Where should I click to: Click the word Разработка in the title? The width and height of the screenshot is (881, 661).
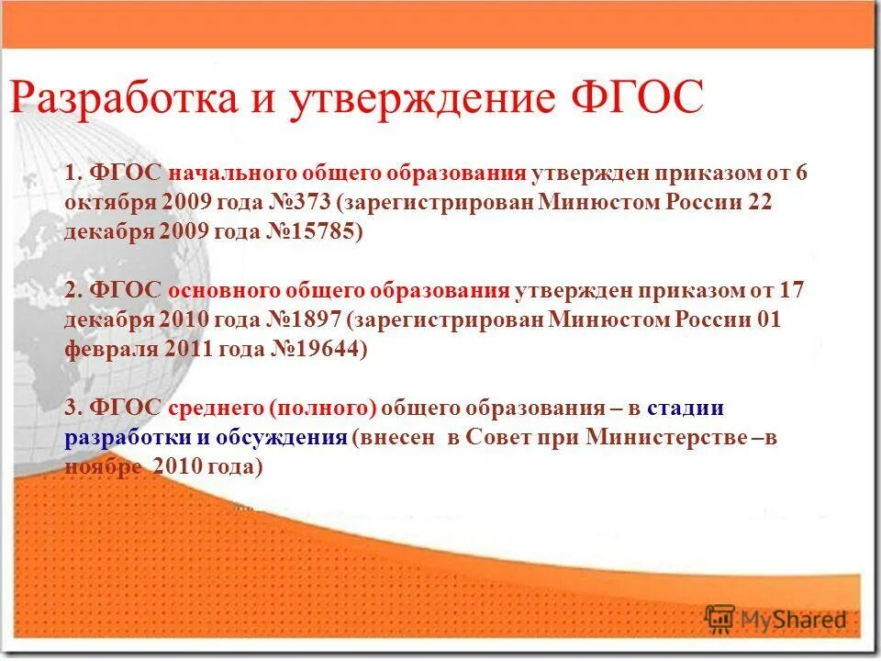[124, 98]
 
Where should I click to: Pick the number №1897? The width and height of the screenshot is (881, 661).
[301, 320]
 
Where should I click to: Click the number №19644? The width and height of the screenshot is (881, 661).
[318, 350]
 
